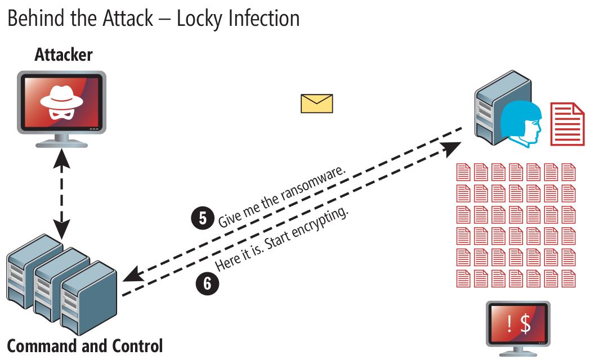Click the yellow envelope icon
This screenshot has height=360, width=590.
tap(317, 103)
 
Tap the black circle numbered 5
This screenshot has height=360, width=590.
tap(203, 218)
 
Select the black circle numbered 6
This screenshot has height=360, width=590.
tap(207, 283)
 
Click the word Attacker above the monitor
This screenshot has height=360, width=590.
tap(63, 55)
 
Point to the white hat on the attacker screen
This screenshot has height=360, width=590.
tap(62, 97)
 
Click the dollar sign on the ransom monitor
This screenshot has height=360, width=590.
tap(526, 323)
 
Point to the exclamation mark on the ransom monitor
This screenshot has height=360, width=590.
tap(509, 324)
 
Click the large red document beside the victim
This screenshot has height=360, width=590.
tap(567, 124)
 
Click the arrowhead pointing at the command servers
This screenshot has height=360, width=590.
tap(132, 275)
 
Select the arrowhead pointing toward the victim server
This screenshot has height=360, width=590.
tap(451, 149)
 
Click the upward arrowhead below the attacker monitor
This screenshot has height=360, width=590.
tap(62, 158)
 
